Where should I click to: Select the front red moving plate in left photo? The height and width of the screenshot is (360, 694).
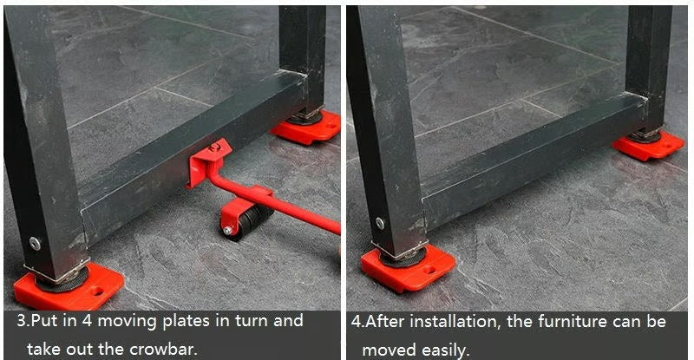65,289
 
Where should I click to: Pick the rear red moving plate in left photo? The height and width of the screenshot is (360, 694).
307,128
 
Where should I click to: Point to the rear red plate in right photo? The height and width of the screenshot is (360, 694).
647,145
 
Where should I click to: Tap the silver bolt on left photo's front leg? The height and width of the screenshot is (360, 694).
35,244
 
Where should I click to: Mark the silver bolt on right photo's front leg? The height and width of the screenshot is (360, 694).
379,223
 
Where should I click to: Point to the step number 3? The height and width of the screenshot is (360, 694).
23,321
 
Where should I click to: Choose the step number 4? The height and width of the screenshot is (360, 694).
357,322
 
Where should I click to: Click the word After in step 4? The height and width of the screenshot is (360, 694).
386,322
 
